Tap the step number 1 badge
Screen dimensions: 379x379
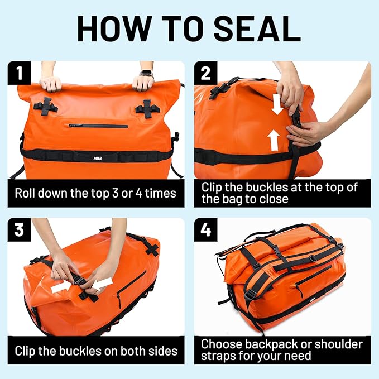pos(18,73)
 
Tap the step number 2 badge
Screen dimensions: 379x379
pos(205,73)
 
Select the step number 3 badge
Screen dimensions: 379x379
pos(18,229)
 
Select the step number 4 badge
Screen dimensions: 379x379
pos(205,229)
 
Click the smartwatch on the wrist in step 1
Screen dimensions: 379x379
pos(146,74)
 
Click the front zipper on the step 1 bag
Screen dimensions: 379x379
pos(98,126)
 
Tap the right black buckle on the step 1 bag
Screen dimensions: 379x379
pos(146,108)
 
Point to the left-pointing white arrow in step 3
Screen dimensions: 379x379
pos(103,285)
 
